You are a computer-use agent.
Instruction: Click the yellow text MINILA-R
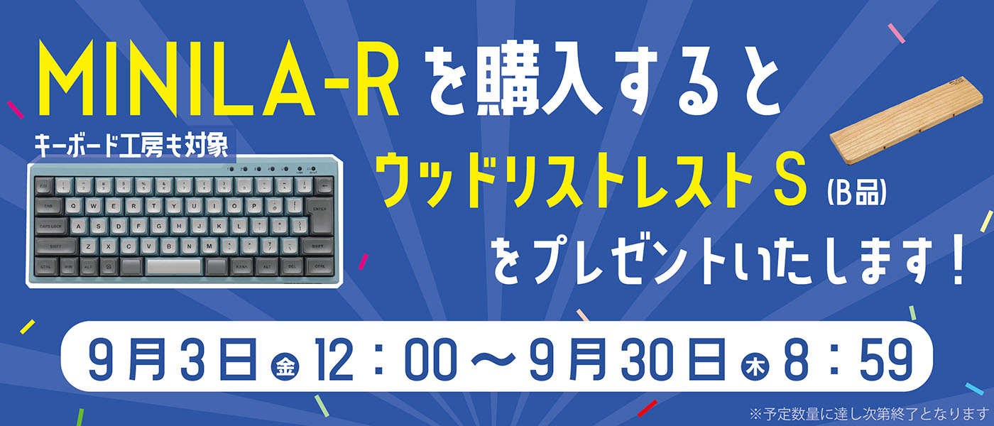(x=219, y=79)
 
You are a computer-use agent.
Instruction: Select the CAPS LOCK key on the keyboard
(x=50, y=226)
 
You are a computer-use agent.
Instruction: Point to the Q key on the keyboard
(x=74, y=206)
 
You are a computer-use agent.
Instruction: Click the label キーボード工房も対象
(x=131, y=146)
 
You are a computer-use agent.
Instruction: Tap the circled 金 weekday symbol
(x=285, y=366)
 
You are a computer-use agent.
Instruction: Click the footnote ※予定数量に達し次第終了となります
(x=870, y=413)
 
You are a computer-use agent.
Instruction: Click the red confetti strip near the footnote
(x=647, y=408)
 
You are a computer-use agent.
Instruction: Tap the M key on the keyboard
(x=209, y=246)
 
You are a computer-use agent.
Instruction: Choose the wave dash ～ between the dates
(x=493, y=361)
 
